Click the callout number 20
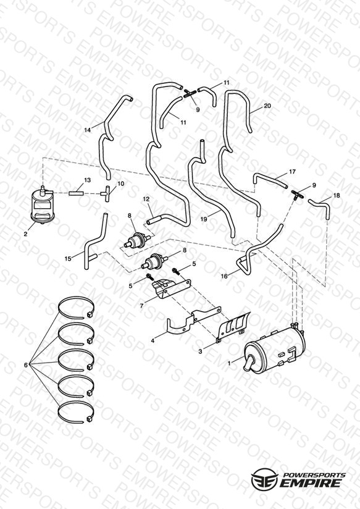267,106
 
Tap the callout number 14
88,130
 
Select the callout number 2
26,233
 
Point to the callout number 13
87,180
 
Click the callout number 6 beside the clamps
26,365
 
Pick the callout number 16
224,276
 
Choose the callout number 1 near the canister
229,364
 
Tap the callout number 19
204,219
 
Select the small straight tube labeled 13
76,193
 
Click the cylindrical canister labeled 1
275,349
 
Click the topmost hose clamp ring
77,298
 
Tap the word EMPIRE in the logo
310,483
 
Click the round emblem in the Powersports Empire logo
264,478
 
